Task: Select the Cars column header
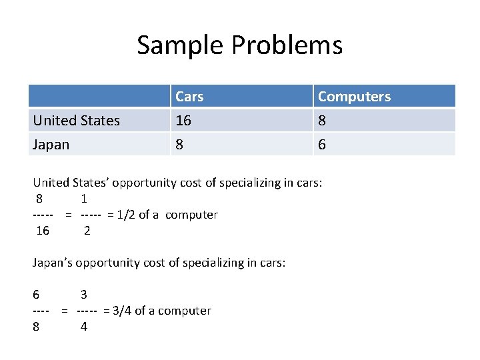[x=189, y=97]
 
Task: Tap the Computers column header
[x=354, y=97]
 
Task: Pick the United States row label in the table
[x=77, y=121]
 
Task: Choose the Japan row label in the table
[x=51, y=145]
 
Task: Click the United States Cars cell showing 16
[x=183, y=121]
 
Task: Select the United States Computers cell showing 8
[x=322, y=121]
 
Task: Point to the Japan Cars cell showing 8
[x=179, y=145]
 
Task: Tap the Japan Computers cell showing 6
[x=322, y=145]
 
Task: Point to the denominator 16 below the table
[x=43, y=231]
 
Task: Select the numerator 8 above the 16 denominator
[x=40, y=199]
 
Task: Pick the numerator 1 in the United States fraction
[x=84, y=199]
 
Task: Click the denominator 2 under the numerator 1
[x=87, y=231]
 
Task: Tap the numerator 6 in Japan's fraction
[x=36, y=295]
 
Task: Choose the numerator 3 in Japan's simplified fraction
[x=84, y=295]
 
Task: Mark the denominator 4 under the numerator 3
[x=84, y=327]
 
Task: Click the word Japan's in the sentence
[x=52, y=263]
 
